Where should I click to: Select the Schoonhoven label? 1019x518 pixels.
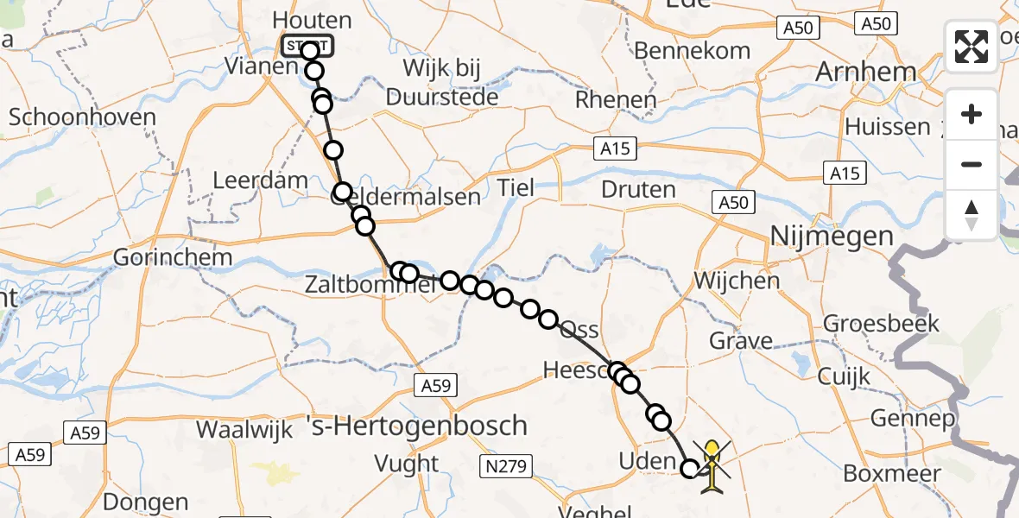[x=83, y=117]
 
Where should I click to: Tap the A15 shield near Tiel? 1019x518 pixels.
[x=618, y=149]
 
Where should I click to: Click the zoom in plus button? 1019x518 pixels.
[x=972, y=114]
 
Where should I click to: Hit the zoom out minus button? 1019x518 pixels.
[x=972, y=164]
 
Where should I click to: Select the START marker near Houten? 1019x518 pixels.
[x=306, y=45]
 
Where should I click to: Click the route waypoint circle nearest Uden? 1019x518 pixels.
[x=690, y=469]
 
